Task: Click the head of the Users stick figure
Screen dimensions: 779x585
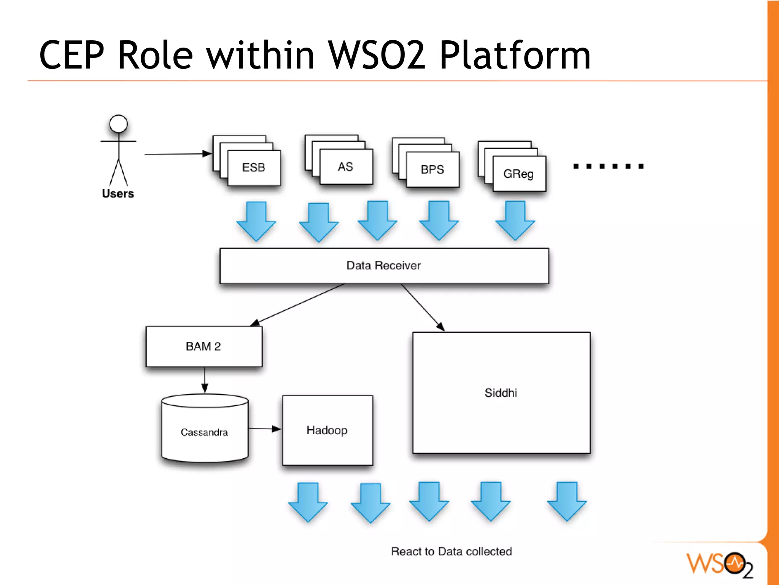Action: pyautogui.click(x=118, y=124)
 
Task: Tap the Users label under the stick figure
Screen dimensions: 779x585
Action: pyautogui.click(x=118, y=193)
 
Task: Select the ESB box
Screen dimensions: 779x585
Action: pyautogui.click(x=254, y=168)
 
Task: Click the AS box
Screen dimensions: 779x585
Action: pyautogui.click(x=346, y=167)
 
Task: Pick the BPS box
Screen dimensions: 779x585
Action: pyautogui.click(x=433, y=169)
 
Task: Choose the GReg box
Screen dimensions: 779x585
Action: pyautogui.click(x=519, y=174)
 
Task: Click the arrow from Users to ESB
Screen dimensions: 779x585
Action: pyautogui.click(x=178, y=154)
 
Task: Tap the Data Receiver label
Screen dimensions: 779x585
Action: pyautogui.click(x=383, y=265)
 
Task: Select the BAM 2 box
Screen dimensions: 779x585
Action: pyautogui.click(x=204, y=346)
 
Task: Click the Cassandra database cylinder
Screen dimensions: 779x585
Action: pyautogui.click(x=205, y=428)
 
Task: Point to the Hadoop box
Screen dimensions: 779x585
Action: pyautogui.click(x=327, y=430)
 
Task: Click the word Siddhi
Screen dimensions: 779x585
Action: pyautogui.click(x=501, y=393)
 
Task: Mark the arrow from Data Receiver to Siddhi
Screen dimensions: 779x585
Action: pyautogui.click(x=423, y=308)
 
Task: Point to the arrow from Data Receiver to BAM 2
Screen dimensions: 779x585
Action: pyautogui.click(x=297, y=305)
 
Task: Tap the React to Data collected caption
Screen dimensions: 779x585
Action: pyautogui.click(x=452, y=551)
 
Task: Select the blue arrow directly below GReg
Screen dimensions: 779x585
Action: pyautogui.click(x=515, y=221)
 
